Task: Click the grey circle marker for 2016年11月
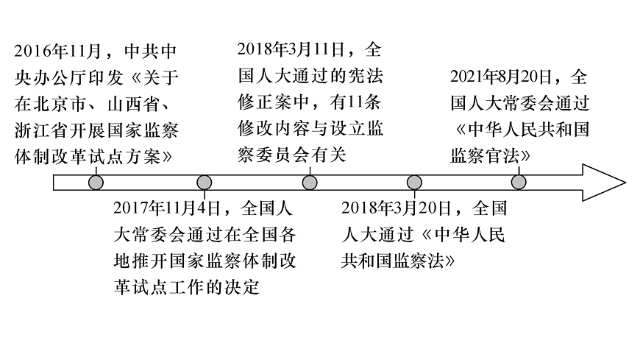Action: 94,182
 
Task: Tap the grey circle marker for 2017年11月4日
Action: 205,182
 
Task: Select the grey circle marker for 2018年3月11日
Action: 310,182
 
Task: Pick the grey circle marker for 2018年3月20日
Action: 414,182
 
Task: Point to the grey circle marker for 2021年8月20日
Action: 519,182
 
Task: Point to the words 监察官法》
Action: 491,155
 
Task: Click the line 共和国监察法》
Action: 398,261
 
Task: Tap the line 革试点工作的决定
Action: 188,288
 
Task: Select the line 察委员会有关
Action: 292,155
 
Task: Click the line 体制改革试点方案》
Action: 96,157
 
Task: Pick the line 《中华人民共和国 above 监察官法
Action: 521,130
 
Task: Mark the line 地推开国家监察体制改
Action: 205,261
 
